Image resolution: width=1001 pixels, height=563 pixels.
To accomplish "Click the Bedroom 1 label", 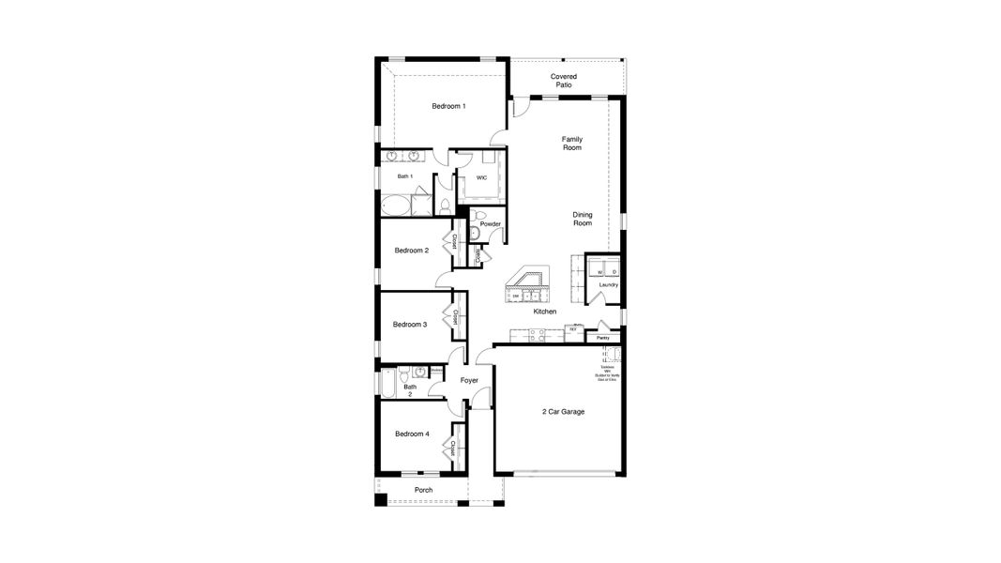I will click(448, 106).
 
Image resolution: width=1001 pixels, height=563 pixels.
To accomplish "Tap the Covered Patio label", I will click(563, 81).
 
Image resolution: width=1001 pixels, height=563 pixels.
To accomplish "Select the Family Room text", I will click(571, 144).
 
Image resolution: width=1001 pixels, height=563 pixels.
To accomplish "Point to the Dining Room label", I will click(583, 219).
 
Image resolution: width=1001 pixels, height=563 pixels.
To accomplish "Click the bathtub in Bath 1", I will click(395, 205).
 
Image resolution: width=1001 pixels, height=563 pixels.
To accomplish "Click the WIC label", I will click(481, 177).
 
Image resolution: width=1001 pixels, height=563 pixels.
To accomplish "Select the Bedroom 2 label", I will click(412, 251).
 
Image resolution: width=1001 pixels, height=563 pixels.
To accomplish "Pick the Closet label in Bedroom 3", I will click(455, 317).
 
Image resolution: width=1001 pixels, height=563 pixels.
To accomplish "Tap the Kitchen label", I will click(545, 312).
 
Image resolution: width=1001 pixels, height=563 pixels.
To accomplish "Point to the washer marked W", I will click(599, 272).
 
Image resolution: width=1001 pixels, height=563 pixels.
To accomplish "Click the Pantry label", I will click(602, 338).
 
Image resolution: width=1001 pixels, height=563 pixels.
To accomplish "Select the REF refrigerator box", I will click(572, 329).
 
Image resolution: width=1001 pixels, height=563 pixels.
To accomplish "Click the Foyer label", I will click(469, 380).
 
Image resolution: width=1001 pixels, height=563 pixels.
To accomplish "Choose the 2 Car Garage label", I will click(563, 411).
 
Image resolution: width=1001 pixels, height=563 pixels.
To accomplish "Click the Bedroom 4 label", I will click(412, 434).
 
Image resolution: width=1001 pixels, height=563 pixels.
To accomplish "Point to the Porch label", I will click(423, 490).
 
